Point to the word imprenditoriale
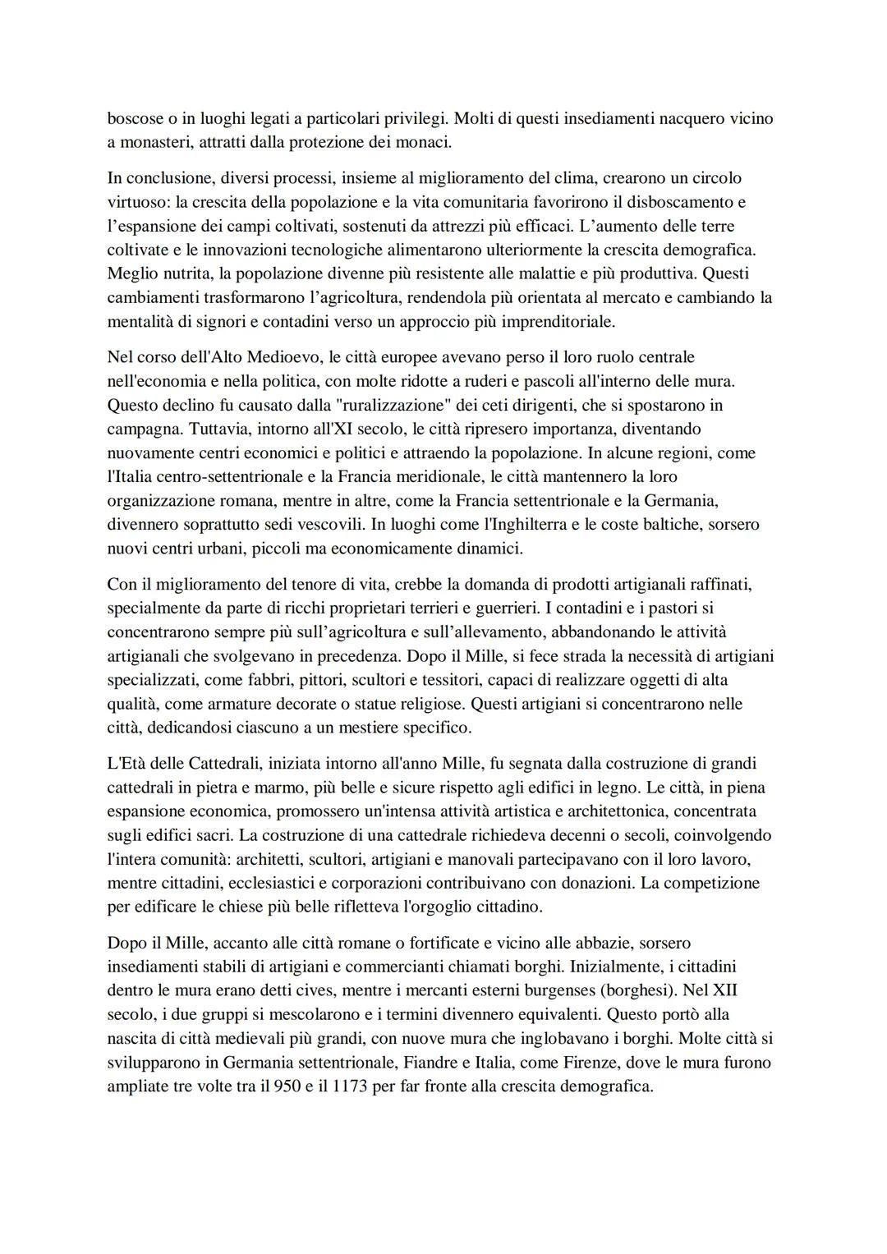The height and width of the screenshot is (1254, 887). pyautogui.click(x=558, y=321)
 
